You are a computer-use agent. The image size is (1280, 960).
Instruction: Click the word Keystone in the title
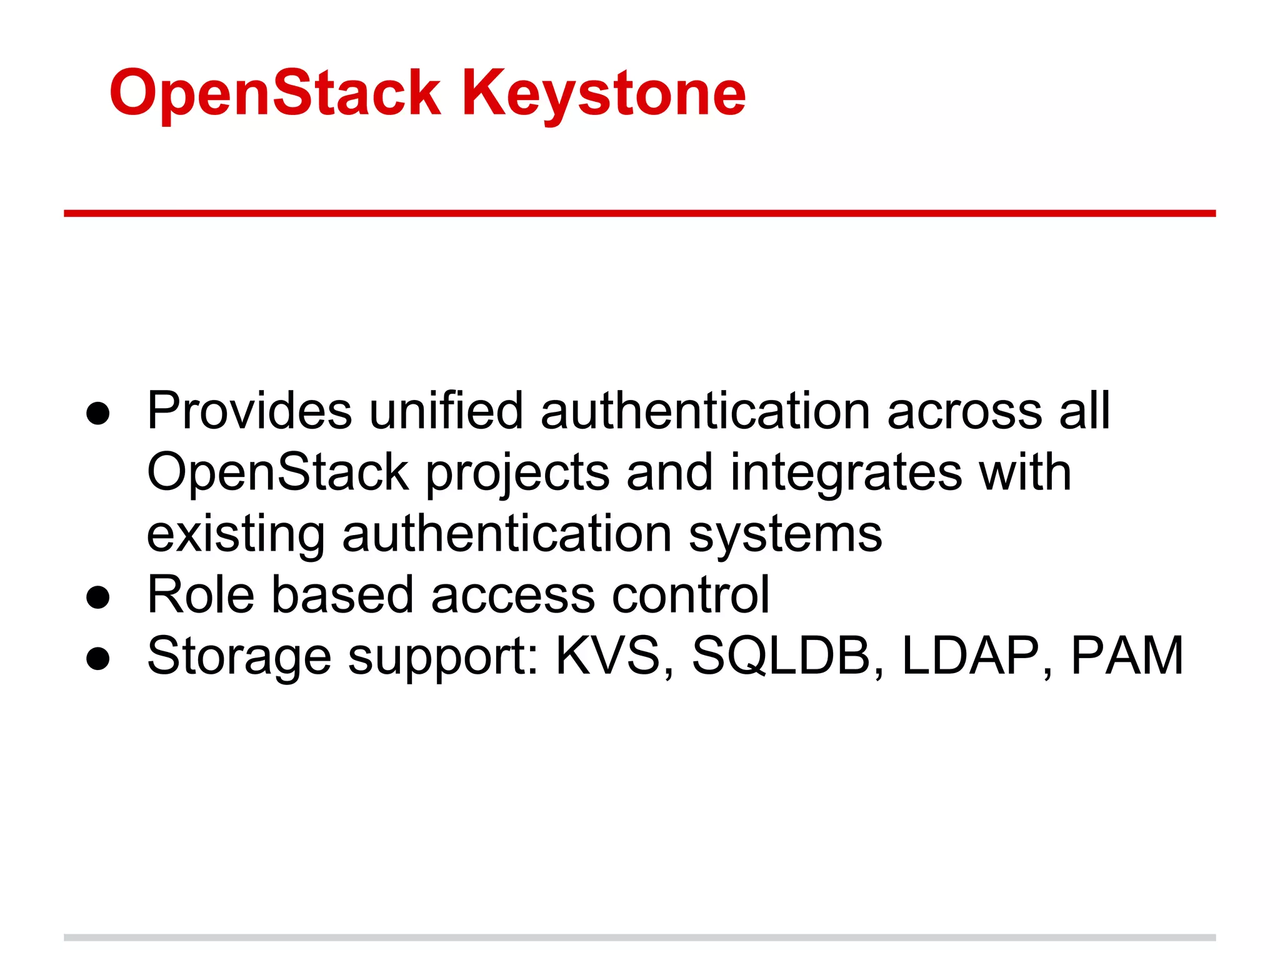(603, 94)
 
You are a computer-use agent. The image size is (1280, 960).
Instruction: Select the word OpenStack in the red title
(275, 94)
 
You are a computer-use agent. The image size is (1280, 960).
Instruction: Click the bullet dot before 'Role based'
(98, 597)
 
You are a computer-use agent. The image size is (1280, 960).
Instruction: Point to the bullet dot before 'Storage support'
(98, 658)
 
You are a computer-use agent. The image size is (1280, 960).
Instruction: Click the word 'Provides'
(249, 411)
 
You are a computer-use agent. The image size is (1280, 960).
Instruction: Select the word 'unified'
(446, 411)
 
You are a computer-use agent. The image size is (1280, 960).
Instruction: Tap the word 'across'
(964, 411)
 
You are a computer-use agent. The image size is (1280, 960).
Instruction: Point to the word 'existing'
(236, 535)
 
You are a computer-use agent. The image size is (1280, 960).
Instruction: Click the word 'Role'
(201, 594)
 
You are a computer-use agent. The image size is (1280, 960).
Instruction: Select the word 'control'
(690, 594)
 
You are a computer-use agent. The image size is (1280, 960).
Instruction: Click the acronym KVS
(608, 656)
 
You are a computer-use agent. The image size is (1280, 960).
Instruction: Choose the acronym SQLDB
(781, 656)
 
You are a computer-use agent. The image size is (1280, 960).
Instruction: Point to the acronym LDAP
(971, 656)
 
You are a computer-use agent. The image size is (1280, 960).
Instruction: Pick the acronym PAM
(1127, 656)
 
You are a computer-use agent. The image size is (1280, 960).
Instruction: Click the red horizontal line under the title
(639, 214)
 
